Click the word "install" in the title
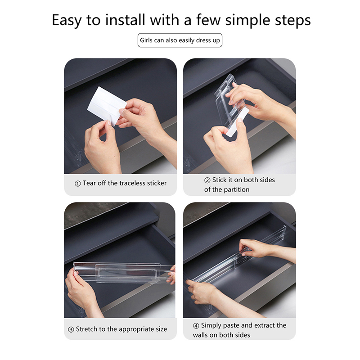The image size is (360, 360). tap(125, 20)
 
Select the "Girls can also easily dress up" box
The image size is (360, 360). tap(180, 40)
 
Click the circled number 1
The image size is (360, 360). tap(77, 184)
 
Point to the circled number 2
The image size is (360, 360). tap(207, 180)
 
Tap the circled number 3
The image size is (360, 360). tap(71, 329)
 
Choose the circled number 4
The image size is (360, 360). tap(196, 326)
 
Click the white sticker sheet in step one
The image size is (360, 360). tap(106, 106)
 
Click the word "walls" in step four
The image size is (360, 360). tap(200, 335)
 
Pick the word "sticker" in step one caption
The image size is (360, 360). tap(157, 183)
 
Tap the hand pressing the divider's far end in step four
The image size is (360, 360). tap(260, 248)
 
